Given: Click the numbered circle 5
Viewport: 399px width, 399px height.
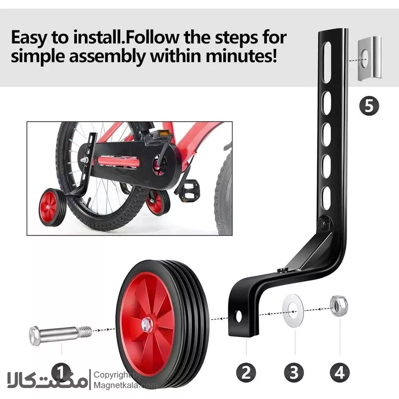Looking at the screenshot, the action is tap(369, 106).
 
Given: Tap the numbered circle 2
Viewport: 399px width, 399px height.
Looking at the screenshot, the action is tap(246, 373).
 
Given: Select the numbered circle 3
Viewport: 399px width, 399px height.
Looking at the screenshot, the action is tap(294, 373).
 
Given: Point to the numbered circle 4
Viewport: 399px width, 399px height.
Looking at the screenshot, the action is tap(340, 373).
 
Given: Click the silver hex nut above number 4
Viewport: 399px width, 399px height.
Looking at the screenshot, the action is tap(339, 306).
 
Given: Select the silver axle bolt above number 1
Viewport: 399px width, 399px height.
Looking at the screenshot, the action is tap(60, 335).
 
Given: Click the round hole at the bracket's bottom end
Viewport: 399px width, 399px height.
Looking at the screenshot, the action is tap(239, 316).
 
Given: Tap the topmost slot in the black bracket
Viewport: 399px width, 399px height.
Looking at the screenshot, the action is tap(327, 62).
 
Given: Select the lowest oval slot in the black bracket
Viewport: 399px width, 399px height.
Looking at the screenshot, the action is tap(327, 199).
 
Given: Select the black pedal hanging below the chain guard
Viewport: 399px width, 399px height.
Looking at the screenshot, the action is tap(189, 190).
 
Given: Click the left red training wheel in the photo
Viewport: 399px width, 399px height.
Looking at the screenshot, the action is tap(52, 207).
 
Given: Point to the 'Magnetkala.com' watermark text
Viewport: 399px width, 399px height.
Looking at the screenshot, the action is tap(126, 385).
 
